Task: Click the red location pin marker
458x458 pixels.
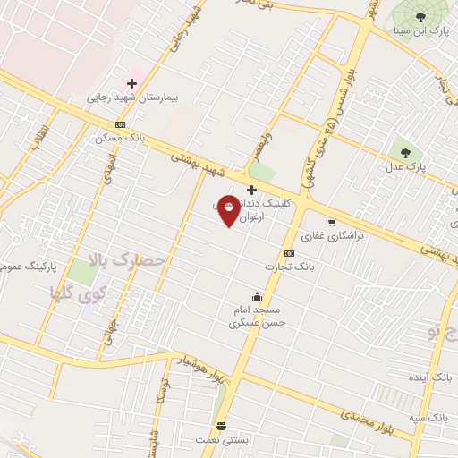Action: point(229,210)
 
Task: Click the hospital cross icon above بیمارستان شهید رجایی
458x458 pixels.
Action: point(131,83)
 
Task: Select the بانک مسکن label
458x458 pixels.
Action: point(120,139)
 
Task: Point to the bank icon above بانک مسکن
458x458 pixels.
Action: point(121,124)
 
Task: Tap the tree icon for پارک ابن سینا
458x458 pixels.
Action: point(420,16)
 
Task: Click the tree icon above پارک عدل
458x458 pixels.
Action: point(406,151)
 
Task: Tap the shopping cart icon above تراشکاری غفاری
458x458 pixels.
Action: point(332,223)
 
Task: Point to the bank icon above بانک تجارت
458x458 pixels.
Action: point(289,253)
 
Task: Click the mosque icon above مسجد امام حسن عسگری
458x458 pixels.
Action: point(258,297)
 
